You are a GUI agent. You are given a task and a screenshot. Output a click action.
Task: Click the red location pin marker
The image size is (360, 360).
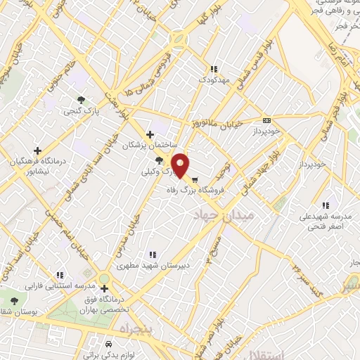(181, 164)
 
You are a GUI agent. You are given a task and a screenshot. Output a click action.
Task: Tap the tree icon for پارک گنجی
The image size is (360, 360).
(83, 99)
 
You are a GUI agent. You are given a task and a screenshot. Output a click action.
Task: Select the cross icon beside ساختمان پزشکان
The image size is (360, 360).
(149, 134)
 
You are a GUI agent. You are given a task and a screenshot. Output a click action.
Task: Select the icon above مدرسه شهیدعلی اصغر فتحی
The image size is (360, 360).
(325, 205)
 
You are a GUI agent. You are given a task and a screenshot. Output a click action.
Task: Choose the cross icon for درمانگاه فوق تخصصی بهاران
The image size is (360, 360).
(104, 288)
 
